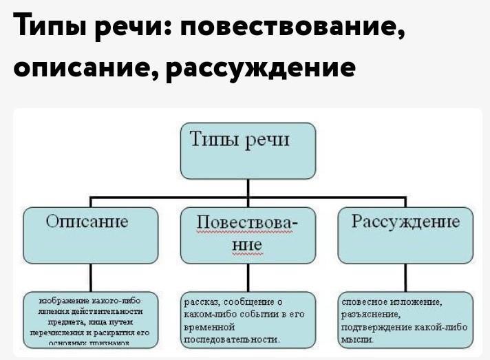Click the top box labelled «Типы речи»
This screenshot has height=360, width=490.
[248, 151]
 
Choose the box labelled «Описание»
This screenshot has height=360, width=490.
[91, 234]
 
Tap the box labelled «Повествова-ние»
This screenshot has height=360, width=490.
[248, 234]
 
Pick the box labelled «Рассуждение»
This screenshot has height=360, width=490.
[406, 234]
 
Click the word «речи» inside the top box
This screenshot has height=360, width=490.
[270, 142]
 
